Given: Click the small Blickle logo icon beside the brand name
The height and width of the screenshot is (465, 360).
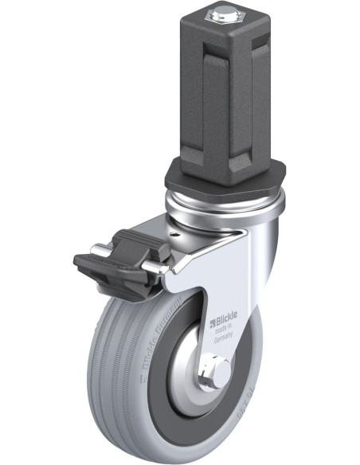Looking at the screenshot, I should coord(212,322).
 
